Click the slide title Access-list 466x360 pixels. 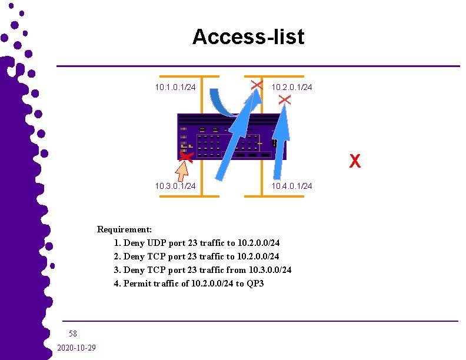[x=248, y=36]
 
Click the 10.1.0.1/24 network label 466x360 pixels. [x=175, y=88]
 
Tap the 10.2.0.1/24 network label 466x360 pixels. [x=291, y=88]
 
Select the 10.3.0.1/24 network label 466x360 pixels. [x=175, y=186]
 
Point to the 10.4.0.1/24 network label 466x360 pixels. [x=291, y=186]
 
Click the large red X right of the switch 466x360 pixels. [x=355, y=161]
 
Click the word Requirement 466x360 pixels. [x=124, y=229]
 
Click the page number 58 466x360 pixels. [x=73, y=334]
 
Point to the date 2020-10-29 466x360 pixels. [x=76, y=348]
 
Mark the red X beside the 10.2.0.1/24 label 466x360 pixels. [x=284, y=101]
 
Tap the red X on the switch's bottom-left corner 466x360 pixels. [x=186, y=156]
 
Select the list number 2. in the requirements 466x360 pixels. [x=118, y=256]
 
